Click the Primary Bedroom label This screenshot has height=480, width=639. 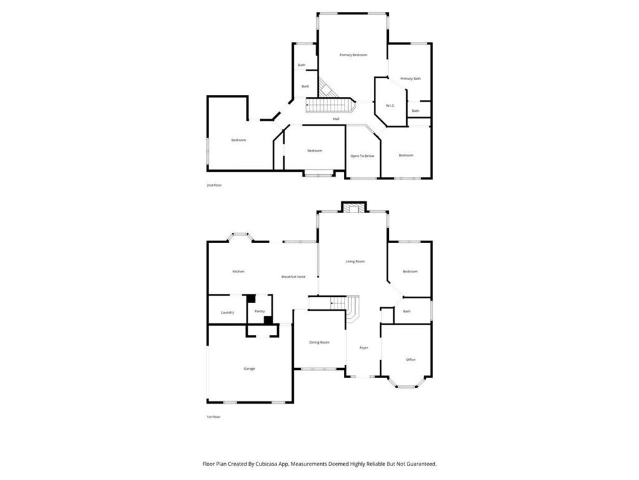pos(353,55)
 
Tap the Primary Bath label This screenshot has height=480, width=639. pos(411,79)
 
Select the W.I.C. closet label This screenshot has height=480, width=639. pos(390,105)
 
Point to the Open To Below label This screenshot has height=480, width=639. pos(362,156)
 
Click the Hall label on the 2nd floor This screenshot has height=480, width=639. pos(336,119)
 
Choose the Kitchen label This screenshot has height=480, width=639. pos(238,271)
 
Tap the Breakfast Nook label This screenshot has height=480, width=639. pos(293,276)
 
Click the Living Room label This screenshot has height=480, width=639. pos(355,261)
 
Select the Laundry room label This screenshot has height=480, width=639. pos(227,312)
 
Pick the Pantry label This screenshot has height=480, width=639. pos(260,311)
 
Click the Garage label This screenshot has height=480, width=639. pos(249,369)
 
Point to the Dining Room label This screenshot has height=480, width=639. pos(319,342)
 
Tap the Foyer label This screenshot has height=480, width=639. pos(364,347)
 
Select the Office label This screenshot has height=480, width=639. pos(411,359)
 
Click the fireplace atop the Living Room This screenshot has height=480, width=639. pos(354,207)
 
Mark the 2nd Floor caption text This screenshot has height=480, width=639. pos(214,186)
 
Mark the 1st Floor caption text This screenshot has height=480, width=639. pos(213,417)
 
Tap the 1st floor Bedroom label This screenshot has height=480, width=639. pos(410,271)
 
